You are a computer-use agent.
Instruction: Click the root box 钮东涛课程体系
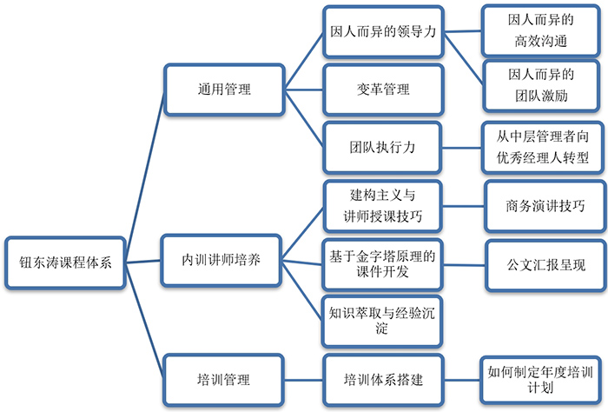coord(66,262)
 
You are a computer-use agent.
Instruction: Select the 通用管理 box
coord(223,90)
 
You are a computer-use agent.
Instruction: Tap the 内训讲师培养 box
coord(223,261)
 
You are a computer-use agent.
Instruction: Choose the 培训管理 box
coord(223,380)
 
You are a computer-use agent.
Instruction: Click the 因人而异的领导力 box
coord(383,31)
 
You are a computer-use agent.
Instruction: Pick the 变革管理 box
coord(383,90)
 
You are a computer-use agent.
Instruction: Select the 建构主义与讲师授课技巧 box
coord(383,206)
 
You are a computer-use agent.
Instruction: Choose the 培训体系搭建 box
coord(383,380)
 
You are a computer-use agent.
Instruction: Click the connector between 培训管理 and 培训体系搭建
coord(303,380)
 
